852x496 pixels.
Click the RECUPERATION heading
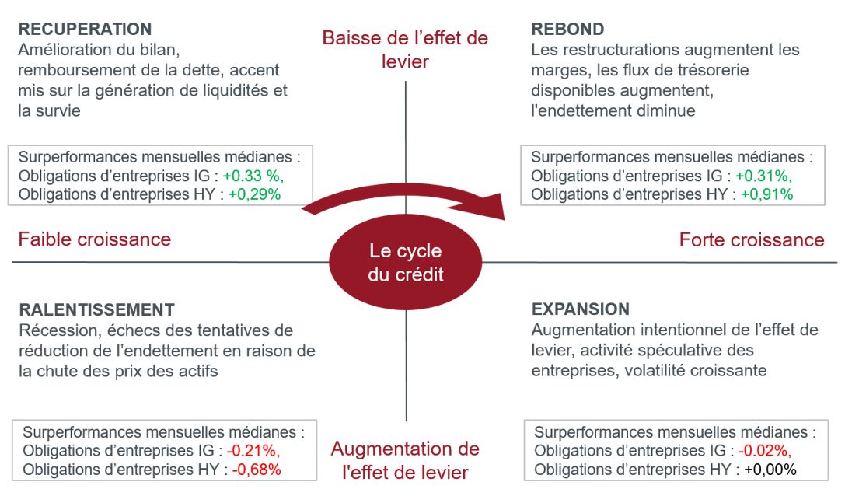85,29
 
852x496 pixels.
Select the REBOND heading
567,29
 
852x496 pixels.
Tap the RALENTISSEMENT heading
96,309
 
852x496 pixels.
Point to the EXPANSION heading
581,309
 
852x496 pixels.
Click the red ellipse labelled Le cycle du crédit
405,263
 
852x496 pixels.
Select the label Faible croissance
95,239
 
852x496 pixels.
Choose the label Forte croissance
752,239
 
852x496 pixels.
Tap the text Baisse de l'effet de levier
405,50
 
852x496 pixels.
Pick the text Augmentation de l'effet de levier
405,460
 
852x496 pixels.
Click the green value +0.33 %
253,176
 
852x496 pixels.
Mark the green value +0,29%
254,194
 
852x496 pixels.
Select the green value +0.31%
763,176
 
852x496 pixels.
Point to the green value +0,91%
766,194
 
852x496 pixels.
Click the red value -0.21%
253,451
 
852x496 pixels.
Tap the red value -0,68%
257,470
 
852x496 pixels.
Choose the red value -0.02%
765,451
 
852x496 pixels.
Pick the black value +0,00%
770,470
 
